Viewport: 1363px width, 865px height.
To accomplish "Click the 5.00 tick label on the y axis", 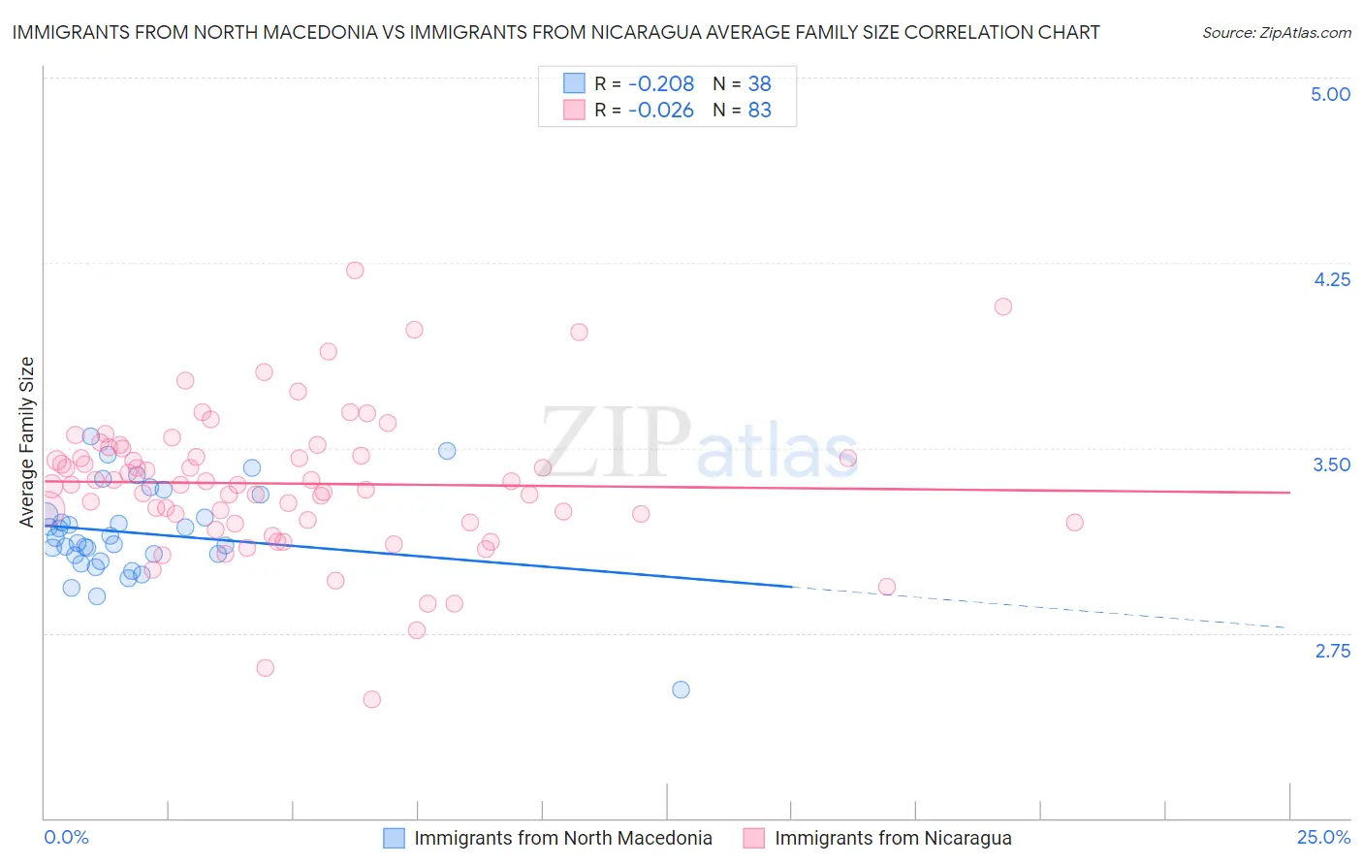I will click(x=1330, y=94).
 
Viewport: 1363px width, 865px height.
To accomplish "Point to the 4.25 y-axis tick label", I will click(x=1331, y=279).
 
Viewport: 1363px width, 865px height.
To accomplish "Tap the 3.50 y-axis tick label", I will click(x=1331, y=465).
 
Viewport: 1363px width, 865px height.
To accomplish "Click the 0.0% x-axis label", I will click(x=66, y=837).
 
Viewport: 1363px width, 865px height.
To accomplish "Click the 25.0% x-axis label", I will click(x=1323, y=837).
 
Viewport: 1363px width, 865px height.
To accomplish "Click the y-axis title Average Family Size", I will click(x=27, y=442).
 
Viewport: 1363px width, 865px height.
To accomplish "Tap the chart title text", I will click(x=555, y=32).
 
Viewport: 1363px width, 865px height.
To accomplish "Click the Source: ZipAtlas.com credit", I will click(x=1276, y=32).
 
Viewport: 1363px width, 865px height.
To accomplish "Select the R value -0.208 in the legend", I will click(x=660, y=84).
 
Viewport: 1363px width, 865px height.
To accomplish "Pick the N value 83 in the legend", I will click(x=759, y=111).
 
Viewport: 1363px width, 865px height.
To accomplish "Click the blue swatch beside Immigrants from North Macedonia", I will click(x=394, y=838).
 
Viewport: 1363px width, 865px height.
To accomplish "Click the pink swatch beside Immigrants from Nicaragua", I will click(x=753, y=838).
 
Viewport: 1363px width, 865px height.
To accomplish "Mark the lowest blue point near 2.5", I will click(x=681, y=689).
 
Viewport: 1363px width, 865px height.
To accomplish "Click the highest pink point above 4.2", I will click(x=355, y=271).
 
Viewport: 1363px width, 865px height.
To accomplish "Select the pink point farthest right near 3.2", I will click(x=1074, y=523).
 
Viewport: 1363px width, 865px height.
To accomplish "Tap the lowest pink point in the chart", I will click(x=371, y=699).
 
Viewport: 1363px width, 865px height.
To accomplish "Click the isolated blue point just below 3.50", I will click(x=447, y=451).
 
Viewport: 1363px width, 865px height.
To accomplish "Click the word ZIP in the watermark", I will click(x=615, y=442).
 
